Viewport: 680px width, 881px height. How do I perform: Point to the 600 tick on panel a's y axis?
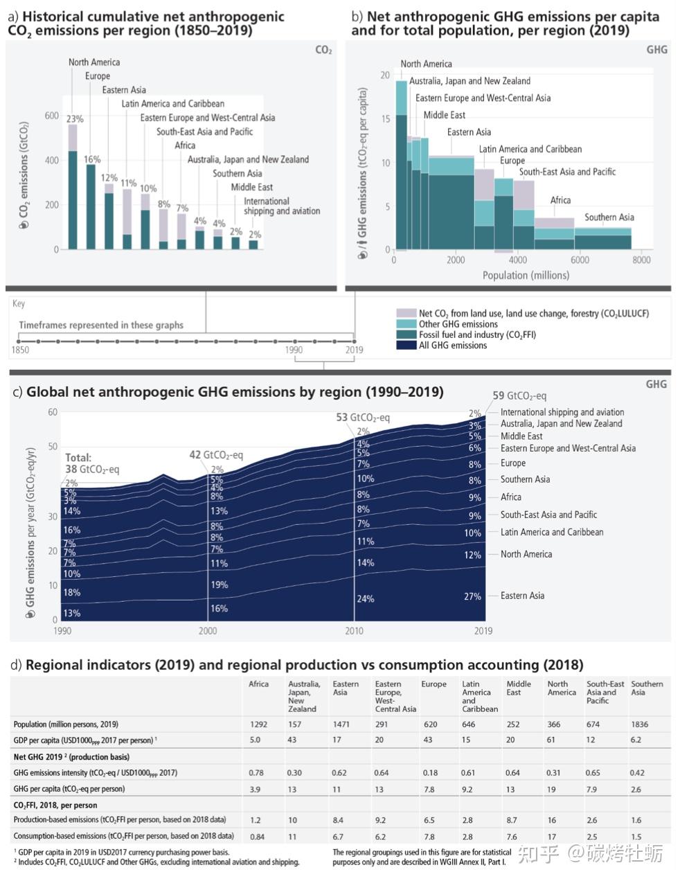[x=52, y=116]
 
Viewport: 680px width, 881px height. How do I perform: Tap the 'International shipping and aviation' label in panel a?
[x=282, y=206]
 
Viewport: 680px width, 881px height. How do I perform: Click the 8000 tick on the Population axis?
[x=641, y=260]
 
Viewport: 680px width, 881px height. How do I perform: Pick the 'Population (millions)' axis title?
[x=526, y=275]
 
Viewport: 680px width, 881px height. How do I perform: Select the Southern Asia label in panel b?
[x=609, y=217]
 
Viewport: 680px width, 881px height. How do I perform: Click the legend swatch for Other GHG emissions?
[x=406, y=324]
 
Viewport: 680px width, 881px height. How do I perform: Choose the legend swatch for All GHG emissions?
[x=406, y=345]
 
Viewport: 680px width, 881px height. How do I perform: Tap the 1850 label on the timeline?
[x=20, y=350]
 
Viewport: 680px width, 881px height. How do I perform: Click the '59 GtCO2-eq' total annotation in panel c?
[x=519, y=396]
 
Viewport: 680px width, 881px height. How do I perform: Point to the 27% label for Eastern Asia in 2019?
[x=472, y=596]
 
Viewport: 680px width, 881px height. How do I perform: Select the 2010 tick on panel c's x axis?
[x=354, y=631]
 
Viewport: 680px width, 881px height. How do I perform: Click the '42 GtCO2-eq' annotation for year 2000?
[x=216, y=455]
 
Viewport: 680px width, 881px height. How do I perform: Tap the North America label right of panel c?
[x=526, y=554]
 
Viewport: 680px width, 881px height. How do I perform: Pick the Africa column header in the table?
[x=258, y=684]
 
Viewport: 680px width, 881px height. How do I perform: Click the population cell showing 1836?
[x=639, y=724]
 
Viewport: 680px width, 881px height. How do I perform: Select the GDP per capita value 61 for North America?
[x=552, y=740]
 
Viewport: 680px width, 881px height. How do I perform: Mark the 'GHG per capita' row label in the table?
[x=69, y=789]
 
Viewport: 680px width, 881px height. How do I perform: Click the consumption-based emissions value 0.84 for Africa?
[x=257, y=836]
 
